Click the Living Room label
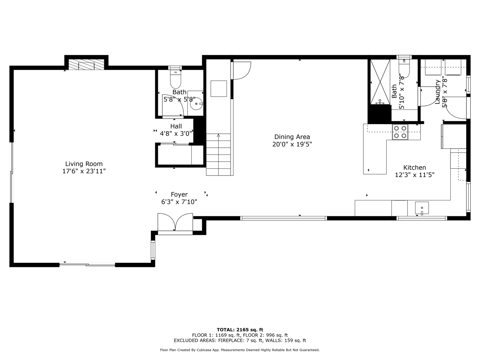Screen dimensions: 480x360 click(x=84, y=164)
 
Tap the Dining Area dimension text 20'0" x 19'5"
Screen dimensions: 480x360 click(x=292, y=144)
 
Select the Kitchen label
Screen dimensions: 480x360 click(x=414, y=168)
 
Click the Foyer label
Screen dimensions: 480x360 click(x=179, y=194)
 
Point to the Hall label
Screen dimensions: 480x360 click(x=176, y=126)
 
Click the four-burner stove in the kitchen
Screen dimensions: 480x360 click(x=400, y=132)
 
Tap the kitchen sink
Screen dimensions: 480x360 click(x=422, y=208)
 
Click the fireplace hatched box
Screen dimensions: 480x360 click(x=86, y=64)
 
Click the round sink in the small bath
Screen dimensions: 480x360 click(x=196, y=104)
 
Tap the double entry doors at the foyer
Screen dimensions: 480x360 click(x=175, y=222)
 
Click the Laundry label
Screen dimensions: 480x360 click(x=437, y=92)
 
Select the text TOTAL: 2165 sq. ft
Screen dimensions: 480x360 click(x=240, y=330)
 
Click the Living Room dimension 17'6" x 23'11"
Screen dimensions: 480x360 click(x=84, y=171)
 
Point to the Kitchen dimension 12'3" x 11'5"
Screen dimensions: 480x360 click(x=415, y=175)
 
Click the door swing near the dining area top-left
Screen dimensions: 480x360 click(x=241, y=70)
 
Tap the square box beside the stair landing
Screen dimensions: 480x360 click(x=219, y=88)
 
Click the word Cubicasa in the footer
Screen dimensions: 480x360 click(x=203, y=350)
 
